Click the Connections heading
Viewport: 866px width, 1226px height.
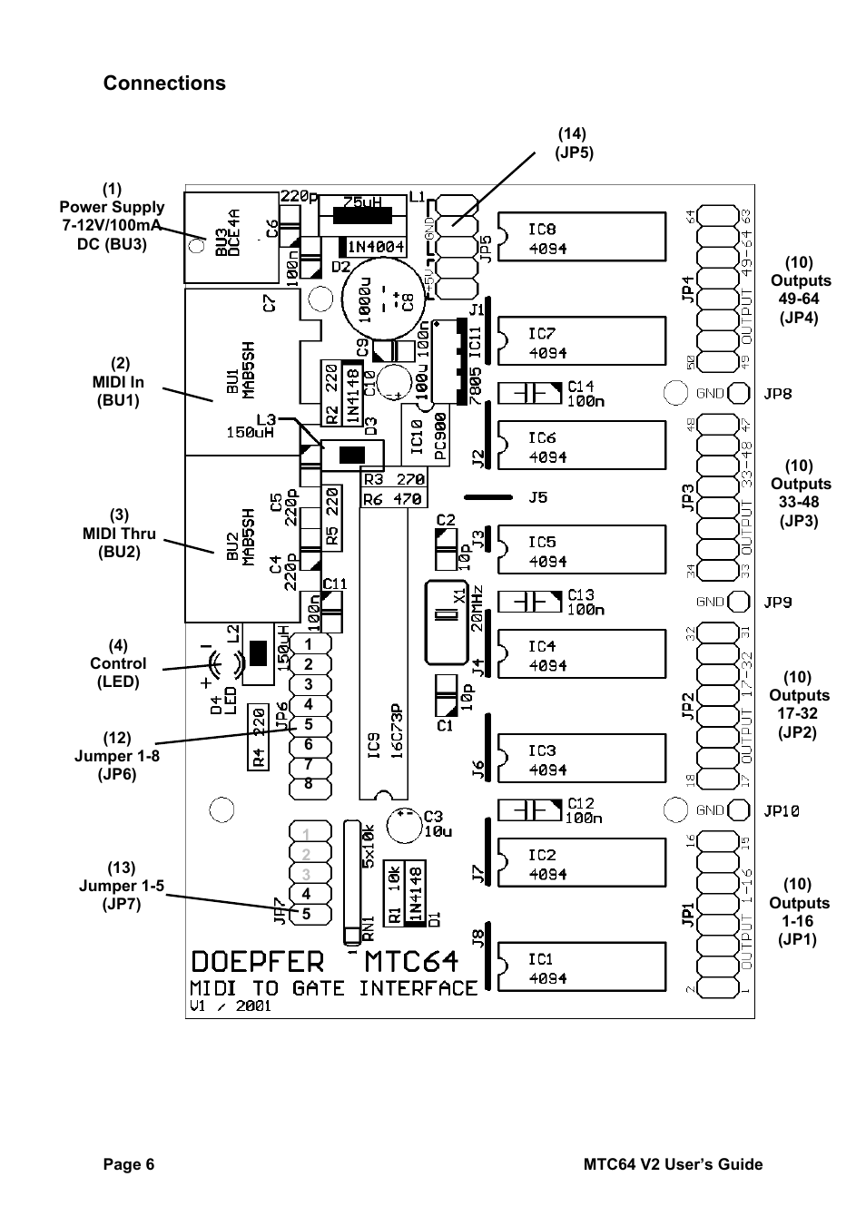pyautogui.click(x=164, y=83)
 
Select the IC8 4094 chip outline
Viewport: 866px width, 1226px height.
pyautogui.click(x=581, y=238)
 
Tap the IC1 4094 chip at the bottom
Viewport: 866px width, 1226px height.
pyautogui.click(x=581, y=967)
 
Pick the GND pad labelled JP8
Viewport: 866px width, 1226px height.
pyautogui.click(x=739, y=393)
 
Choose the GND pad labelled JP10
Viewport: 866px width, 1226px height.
pyautogui.click(x=739, y=810)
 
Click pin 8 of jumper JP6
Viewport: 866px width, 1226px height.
pyautogui.click(x=308, y=783)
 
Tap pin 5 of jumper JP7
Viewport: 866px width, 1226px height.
pyautogui.click(x=307, y=913)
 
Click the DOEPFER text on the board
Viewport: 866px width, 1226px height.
pyautogui.click(x=257, y=962)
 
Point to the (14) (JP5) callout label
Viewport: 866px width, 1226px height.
pyautogui.click(x=574, y=143)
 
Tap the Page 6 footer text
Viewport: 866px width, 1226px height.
pyautogui.click(x=128, y=1164)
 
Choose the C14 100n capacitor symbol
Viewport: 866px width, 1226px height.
pyautogui.click(x=530, y=393)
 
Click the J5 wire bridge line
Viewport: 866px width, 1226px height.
pyautogui.click(x=490, y=497)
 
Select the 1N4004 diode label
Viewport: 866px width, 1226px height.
pyautogui.click(x=373, y=247)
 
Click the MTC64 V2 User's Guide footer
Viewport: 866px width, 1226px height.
pyautogui.click(x=672, y=1164)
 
